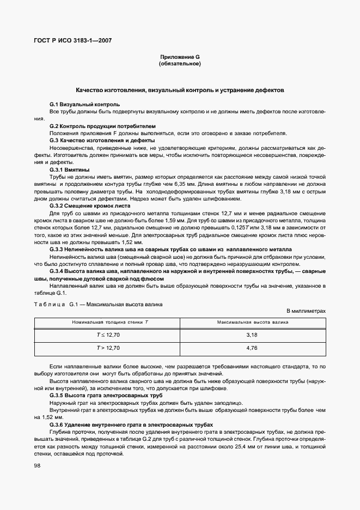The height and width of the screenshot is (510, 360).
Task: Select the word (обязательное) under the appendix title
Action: (180, 64)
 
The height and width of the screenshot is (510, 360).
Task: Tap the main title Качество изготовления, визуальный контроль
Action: (180, 89)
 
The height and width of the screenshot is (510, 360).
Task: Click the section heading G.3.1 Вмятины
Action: (69, 170)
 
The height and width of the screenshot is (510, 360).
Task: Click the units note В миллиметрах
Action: (306, 311)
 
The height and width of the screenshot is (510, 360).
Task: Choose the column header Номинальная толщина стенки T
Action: (108, 323)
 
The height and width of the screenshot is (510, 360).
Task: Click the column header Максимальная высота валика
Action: (252, 323)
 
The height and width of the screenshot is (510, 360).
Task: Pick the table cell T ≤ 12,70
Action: (108, 334)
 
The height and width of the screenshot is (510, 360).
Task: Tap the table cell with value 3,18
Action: (252, 334)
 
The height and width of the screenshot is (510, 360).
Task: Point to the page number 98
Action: (38, 465)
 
